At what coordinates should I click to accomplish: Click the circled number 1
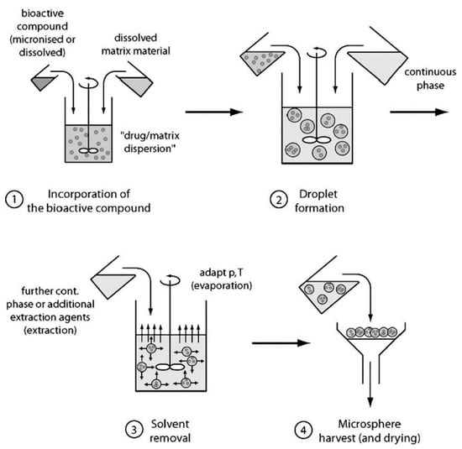(14, 200)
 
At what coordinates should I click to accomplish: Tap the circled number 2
(278, 200)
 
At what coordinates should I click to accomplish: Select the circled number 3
(134, 430)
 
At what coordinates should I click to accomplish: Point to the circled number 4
(303, 430)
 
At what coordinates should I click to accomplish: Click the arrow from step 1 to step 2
(214, 112)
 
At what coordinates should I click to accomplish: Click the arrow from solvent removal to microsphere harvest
(281, 343)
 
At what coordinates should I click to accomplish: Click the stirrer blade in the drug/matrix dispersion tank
(89, 150)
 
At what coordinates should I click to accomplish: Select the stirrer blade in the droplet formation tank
(317, 140)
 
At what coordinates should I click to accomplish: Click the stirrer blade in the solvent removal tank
(170, 367)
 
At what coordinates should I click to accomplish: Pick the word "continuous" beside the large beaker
(430, 72)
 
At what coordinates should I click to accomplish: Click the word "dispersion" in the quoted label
(148, 149)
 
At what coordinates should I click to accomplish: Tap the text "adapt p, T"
(221, 273)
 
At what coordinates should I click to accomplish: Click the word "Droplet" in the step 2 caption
(318, 194)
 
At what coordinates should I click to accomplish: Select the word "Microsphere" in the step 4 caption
(370, 424)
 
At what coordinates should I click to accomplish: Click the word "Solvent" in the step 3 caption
(170, 424)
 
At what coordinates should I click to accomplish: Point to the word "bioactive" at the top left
(43, 13)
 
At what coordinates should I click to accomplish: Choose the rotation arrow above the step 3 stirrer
(171, 280)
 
